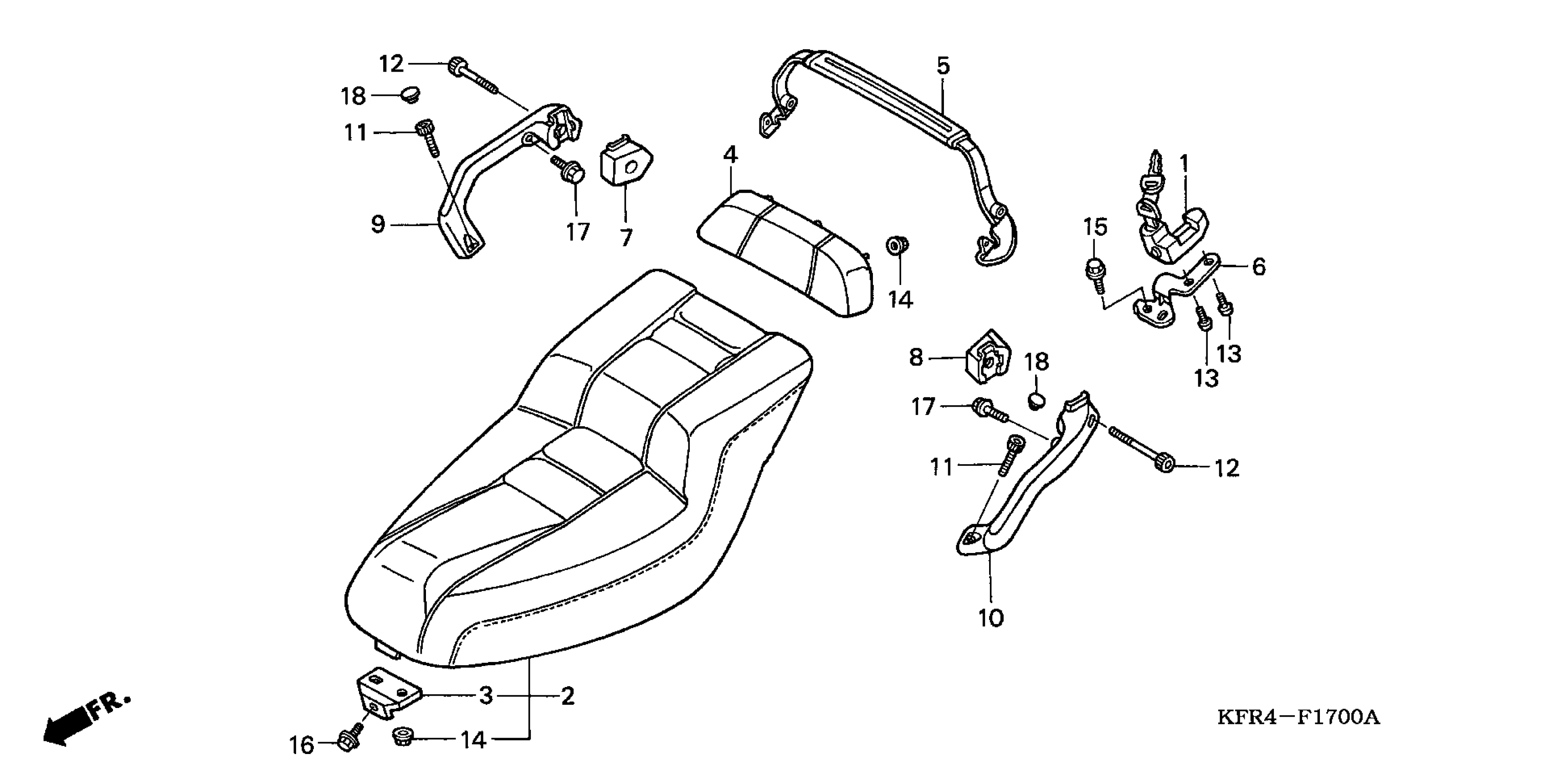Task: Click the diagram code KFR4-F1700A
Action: pos(1298,717)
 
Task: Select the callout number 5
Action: pos(943,66)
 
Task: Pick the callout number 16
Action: pos(301,745)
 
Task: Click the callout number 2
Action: pos(568,696)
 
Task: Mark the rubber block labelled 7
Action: pos(626,164)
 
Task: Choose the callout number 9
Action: pos(378,224)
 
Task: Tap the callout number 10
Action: pos(990,618)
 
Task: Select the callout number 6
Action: pos(1258,267)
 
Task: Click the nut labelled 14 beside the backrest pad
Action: pos(897,246)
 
